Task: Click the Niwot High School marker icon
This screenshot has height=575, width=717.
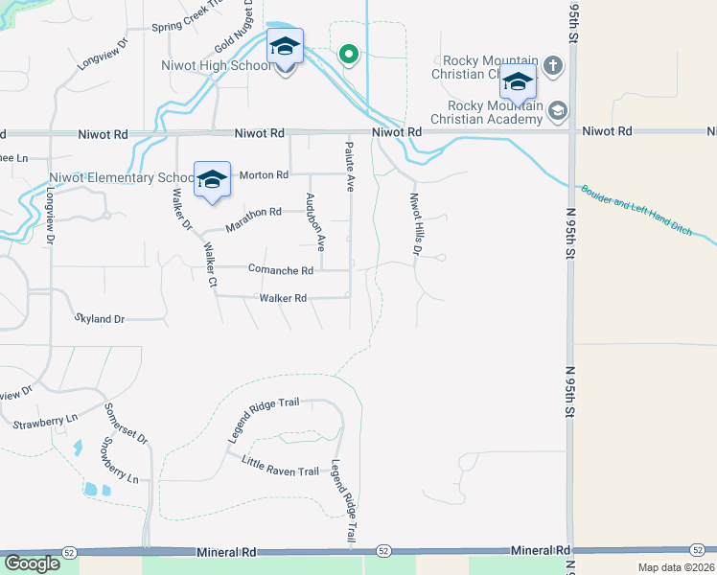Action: (x=285, y=47)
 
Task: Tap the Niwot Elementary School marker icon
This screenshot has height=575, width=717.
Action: (x=212, y=179)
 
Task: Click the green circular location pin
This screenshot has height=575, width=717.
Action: (x=350, y=54)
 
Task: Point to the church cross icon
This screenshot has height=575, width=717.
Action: (x=552, y=66)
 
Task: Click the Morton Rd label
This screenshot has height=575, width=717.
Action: (x=264, y=175)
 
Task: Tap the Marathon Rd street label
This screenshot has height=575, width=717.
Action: (x=253, y=218)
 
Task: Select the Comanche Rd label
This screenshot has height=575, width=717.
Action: (x=281, y=270)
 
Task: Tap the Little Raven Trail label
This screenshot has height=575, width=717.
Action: (x=280, y=467)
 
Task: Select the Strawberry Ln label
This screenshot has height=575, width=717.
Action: (x=46, y=421)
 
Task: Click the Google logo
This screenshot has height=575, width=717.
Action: (x=32, y=563)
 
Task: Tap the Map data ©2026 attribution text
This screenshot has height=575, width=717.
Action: (x=676, y=567)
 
